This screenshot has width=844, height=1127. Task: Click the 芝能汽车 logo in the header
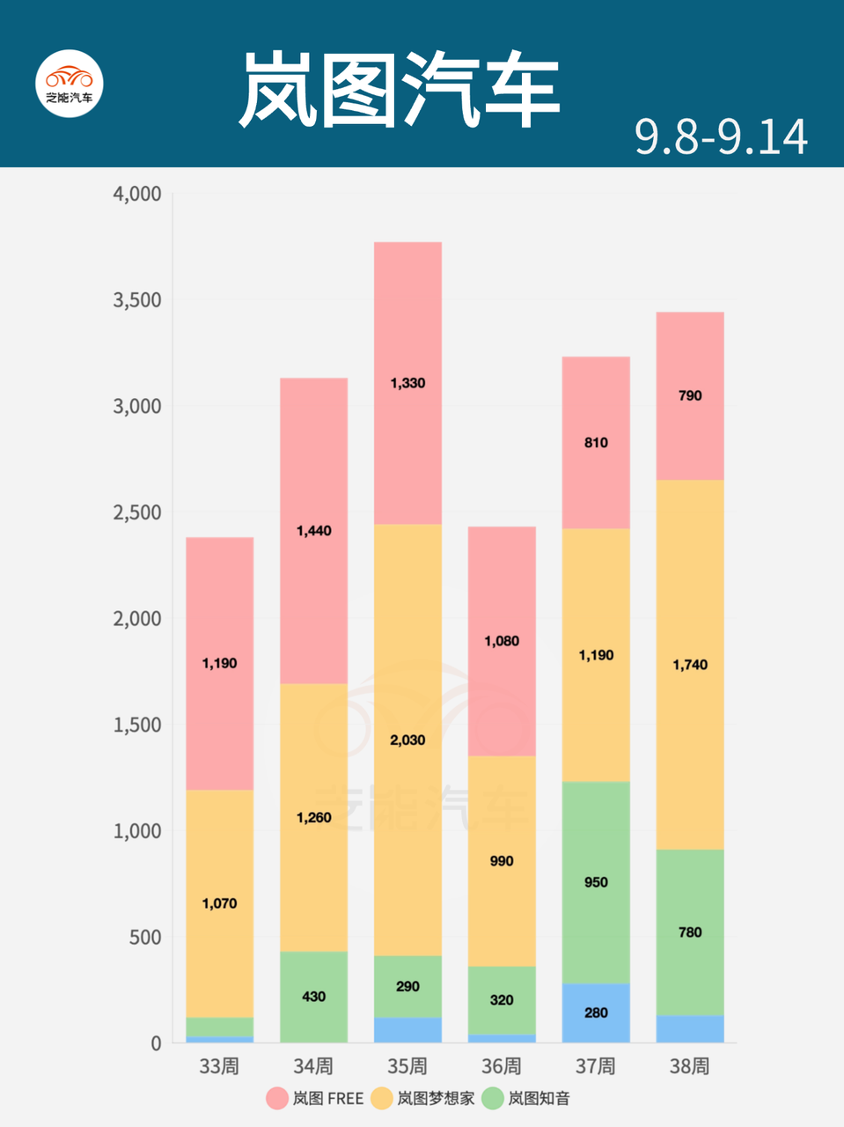pos(70,83)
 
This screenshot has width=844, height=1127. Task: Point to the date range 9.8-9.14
pos(721,137)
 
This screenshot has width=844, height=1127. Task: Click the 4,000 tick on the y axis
pos(137,194)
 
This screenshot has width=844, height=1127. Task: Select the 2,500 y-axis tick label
pos(137,512)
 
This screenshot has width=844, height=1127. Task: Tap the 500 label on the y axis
pos(145,937)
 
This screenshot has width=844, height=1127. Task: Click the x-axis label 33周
pos(219,1066)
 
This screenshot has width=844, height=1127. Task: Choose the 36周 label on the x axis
pos(502,1066)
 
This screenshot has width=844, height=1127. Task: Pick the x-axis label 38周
pos(690,1066)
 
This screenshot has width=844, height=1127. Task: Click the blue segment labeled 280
pos(596,1013)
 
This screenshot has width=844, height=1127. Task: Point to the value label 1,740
pos(690,665)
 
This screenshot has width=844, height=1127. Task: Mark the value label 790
pos(690,395)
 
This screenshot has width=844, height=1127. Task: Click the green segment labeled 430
pos(314,997)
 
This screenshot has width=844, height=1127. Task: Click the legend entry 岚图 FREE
pos(315,1098)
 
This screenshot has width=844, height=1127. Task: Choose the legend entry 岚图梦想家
pos(422,1098)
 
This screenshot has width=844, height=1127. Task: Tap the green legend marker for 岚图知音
pos(493,1098)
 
